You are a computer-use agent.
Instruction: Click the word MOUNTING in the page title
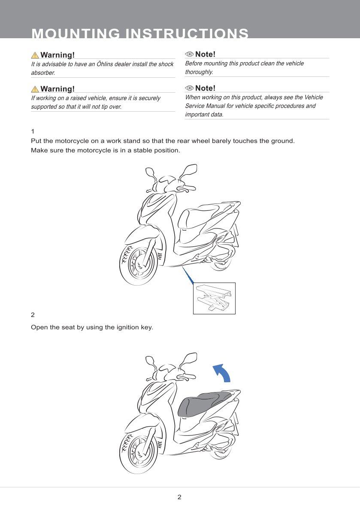76,33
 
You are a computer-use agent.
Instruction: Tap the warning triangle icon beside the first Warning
35,55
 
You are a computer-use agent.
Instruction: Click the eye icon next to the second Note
189,88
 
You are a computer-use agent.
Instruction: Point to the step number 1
33,131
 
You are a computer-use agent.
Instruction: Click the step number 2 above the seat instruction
33,315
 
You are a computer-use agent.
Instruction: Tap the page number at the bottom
179,497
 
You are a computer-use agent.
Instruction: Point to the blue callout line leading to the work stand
188,275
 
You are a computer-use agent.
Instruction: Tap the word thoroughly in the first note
199,72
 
